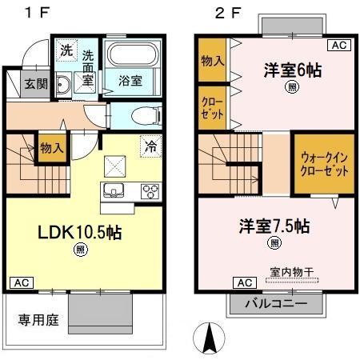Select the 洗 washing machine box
[66, 49]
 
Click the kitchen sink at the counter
[110, 191]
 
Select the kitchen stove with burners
[150, 191]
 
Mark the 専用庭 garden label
[38, 321]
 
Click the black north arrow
[210, 338]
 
